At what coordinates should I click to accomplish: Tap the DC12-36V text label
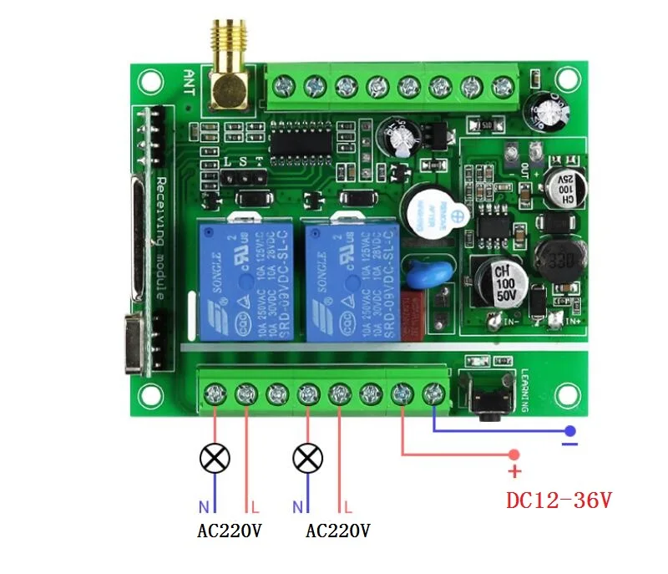[559, 500]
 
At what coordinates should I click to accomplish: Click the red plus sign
[514, 471]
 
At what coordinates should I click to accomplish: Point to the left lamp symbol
[215, 458]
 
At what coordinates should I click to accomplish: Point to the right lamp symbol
[309, 458]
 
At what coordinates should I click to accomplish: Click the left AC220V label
[229, 531]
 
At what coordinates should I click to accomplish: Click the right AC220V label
[338, 531]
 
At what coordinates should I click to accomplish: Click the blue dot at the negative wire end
[569, 431]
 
